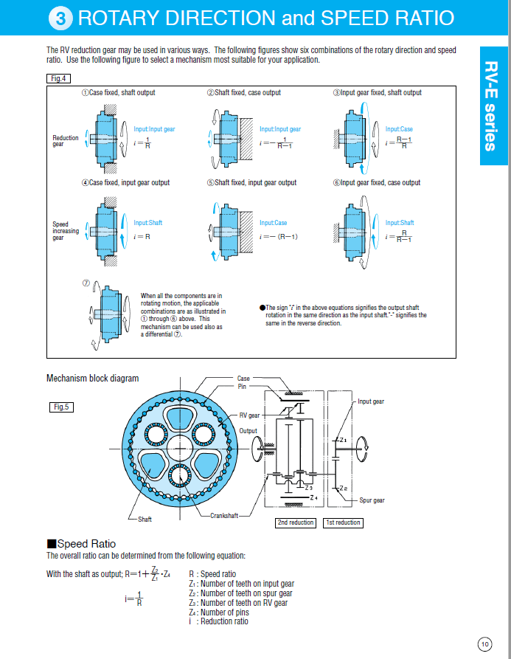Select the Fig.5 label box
click(61, 407)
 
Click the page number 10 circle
click(484, 644)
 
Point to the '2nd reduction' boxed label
click(296, 522)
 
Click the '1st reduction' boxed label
click(343, 522)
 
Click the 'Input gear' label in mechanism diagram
click(370, 401)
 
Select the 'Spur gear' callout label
click(372, 500)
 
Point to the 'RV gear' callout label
click(248, 415)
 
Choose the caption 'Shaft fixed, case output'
click(243, 92)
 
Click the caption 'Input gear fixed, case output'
click(376, 182)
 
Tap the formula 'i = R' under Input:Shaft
click(142, 237)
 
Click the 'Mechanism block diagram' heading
click(92, 379)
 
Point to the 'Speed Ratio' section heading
click(81, 544)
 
